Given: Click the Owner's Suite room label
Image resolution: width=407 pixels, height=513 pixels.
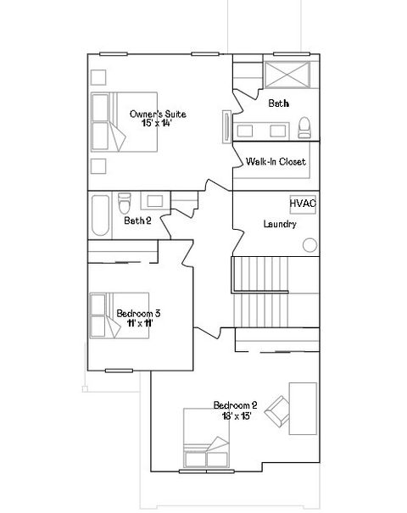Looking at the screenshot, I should click(x=158, y=114).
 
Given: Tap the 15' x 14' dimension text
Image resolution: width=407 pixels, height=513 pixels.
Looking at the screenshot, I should click(x=158, y=124).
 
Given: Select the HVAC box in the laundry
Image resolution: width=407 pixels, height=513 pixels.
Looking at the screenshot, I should click(x=302, y=204).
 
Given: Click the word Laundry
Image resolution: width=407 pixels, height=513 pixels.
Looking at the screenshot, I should click(x=279, y=225).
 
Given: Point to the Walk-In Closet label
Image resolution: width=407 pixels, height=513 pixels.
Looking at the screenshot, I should click(x=276, y=161).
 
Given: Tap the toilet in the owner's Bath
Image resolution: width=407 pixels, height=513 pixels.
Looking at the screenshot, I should click(x=304, y=129).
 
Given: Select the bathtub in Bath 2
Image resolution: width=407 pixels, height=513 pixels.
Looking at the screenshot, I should click(x=98, y=215).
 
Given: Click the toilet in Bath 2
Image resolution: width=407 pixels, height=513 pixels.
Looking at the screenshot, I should click(x=125, y=204).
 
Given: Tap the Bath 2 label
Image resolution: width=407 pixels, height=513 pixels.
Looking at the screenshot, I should click(x=137, y=221).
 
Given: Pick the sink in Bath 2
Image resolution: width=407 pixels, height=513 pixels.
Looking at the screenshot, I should click(x=155, y=201).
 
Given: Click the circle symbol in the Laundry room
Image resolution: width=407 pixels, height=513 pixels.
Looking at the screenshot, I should click(x=310, y=245).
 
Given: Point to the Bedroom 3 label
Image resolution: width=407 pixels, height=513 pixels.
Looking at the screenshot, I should click(x=138, y=314).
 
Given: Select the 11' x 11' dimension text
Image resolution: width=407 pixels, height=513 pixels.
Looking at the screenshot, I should click(x=138, y=324).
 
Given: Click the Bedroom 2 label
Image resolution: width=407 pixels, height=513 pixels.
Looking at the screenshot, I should click(x=235, y=404).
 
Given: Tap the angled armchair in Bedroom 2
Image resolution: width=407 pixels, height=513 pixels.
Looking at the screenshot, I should click(x=277, y=413).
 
